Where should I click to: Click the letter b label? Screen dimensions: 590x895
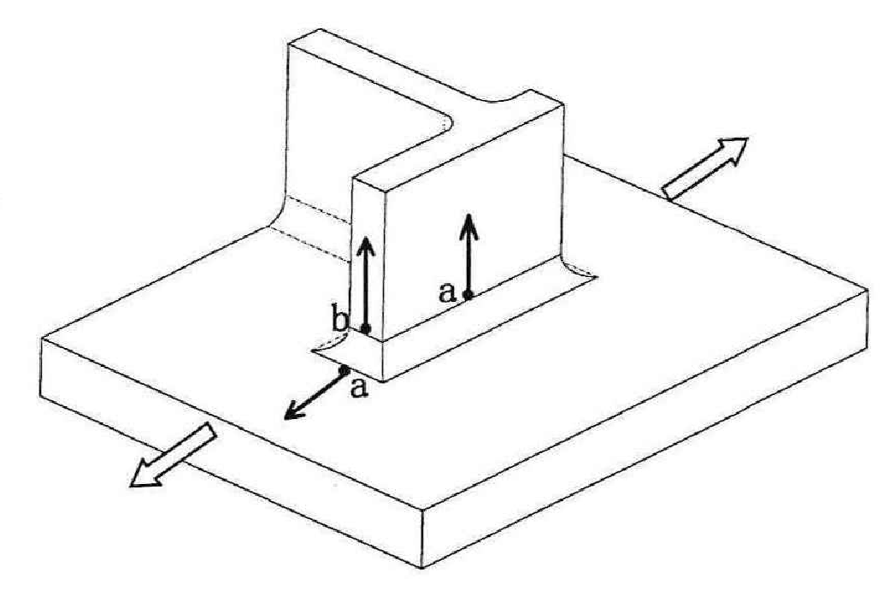coord(340,322)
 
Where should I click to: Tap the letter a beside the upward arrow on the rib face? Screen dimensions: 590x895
coord(446,292)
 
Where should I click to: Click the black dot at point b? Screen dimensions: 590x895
coord(366,328)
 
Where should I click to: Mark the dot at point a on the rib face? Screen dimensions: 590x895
coord(468,295)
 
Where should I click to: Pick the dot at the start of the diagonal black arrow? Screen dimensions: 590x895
coord(344,370)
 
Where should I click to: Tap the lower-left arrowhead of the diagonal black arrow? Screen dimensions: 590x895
coord(290,416)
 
